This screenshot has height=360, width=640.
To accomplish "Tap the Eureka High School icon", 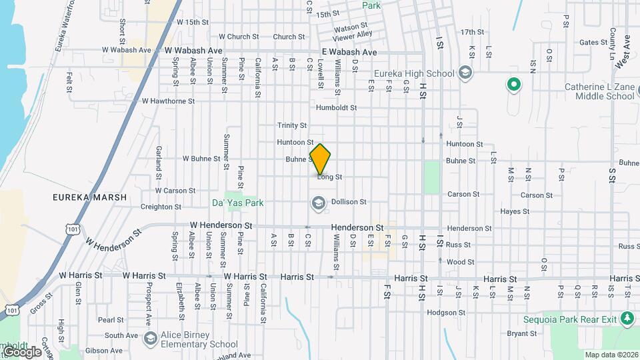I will coord(465,73).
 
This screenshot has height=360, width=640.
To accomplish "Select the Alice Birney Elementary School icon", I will coord(151,339).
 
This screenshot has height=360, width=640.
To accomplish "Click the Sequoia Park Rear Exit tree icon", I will coord(627,319).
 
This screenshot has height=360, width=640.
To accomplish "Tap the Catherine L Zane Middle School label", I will coord(599,91).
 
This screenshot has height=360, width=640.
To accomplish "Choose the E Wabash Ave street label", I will coord(349,52).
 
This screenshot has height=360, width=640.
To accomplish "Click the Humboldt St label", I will coord(336,107).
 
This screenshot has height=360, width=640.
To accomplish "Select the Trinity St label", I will coord(292,125).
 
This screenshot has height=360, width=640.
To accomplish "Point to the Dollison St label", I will coord(349,201).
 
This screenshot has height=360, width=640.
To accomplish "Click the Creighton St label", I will coord(157,207).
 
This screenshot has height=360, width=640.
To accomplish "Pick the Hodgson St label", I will coord(445,312).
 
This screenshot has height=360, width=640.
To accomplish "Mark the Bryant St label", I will coord(522,333).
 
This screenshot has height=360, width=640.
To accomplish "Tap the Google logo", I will coord(21,351).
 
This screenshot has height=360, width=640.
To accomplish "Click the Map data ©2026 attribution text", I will coord(611,355).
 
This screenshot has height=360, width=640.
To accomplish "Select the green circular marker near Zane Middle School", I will coord(513,85).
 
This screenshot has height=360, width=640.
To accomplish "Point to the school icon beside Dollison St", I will coord(318,203).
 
